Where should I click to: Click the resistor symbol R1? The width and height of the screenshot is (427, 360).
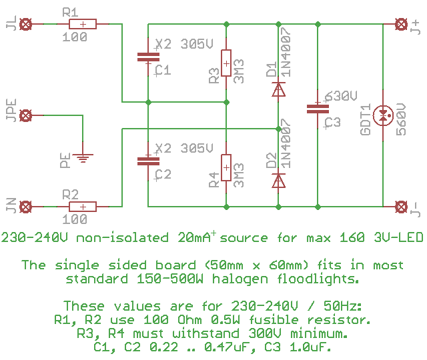pos(83,25)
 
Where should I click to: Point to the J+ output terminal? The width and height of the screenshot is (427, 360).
pos(401,25)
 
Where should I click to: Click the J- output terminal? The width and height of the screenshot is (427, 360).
pos(401,206)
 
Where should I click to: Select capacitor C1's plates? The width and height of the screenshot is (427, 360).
pos(148,57)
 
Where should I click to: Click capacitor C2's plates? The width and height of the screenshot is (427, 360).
pos(148,161)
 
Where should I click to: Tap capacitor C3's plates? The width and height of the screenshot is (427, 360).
pos(316,109)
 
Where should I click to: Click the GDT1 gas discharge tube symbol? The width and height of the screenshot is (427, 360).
pos(383,116)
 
